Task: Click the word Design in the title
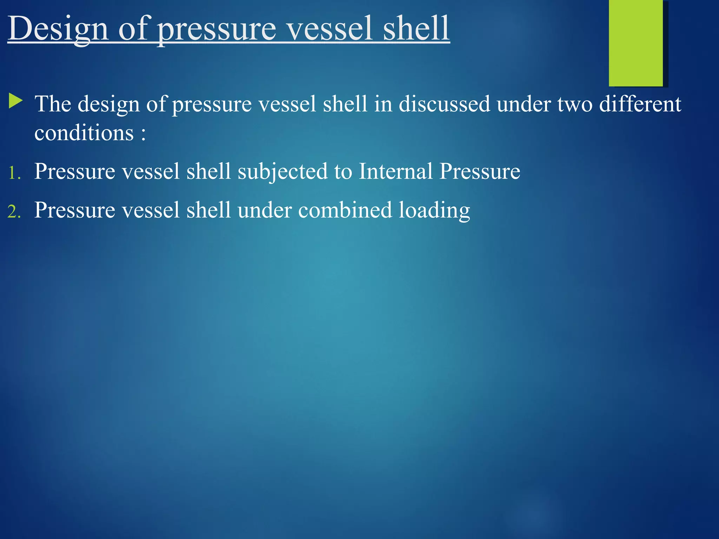(58, 29)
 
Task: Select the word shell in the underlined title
(416, 29)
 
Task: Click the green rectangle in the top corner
(635, 43)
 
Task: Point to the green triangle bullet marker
(15, 101)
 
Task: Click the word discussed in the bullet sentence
(444, 104)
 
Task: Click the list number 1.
(14, 173)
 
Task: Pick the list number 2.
(14, 212)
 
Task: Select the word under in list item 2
(265, 210)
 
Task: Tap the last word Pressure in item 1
(480, 172)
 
